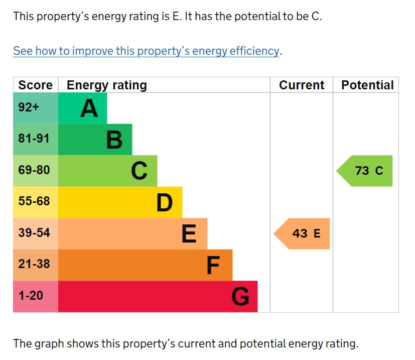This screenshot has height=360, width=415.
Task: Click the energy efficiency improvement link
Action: coord(146,51)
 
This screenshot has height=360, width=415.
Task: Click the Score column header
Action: coord(35,85)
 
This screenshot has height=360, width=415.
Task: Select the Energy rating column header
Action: coord(106,85)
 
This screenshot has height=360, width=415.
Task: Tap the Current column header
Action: coord(302,85)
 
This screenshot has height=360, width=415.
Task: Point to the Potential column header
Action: coord(367,85)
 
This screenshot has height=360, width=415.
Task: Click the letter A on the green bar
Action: coord(89,108)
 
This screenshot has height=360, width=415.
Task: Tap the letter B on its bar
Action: coord(114,140)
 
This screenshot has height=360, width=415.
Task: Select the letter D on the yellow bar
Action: coord(165,202)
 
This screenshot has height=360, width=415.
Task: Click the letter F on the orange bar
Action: coord(213,265)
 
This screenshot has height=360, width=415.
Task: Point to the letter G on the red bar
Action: coord(240,297)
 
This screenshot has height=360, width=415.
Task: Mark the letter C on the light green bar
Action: coord(140,171)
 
